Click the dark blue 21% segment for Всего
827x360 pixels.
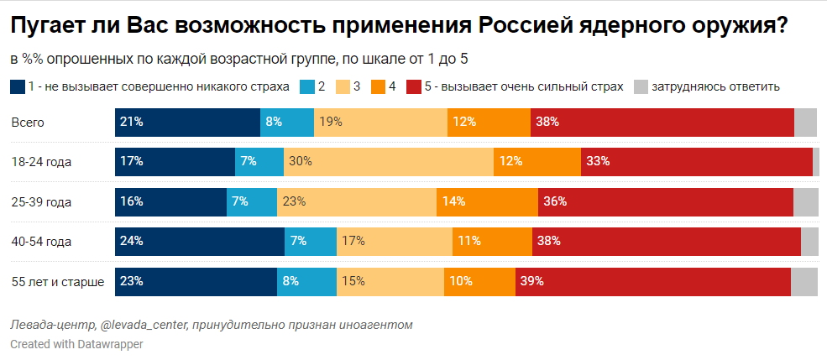point(187,122)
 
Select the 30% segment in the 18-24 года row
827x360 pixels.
point(389,161)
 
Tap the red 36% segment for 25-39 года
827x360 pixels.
point(665,201)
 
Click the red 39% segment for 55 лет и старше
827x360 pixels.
point(652,282)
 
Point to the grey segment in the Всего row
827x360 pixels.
point(805,122)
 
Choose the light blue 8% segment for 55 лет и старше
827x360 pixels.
point(306,282)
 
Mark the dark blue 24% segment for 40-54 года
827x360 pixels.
point(200,242)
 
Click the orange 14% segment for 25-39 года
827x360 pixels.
point(487,201)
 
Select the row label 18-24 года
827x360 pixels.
point(41,162)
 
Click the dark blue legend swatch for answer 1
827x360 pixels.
point(18,86)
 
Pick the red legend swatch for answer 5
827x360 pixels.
point(414,86)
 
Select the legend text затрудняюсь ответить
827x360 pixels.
point(716,86)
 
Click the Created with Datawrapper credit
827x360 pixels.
point(76,344)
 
